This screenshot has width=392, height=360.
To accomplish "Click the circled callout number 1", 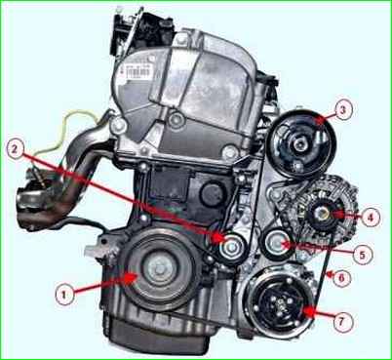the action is pos(64,295).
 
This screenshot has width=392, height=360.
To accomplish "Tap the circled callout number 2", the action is pos(15,150).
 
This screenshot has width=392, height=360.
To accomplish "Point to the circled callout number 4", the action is pos(370,218).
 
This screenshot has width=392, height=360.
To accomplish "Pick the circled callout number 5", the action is pos(362,255).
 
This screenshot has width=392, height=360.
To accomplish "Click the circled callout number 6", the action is pos(340,278).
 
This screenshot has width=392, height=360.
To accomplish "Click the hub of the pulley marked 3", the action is pos(298,143).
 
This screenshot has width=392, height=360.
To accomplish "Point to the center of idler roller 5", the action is pos(275,244).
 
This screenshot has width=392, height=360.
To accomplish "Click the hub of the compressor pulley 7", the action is pos(280,303).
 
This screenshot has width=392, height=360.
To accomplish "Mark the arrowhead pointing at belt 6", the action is pos(329,275).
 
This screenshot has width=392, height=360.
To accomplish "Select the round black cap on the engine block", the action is pos(213,196).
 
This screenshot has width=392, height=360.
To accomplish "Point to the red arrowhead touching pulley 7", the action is pos(309,311).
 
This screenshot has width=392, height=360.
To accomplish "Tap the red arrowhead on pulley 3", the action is pos(322,120).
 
